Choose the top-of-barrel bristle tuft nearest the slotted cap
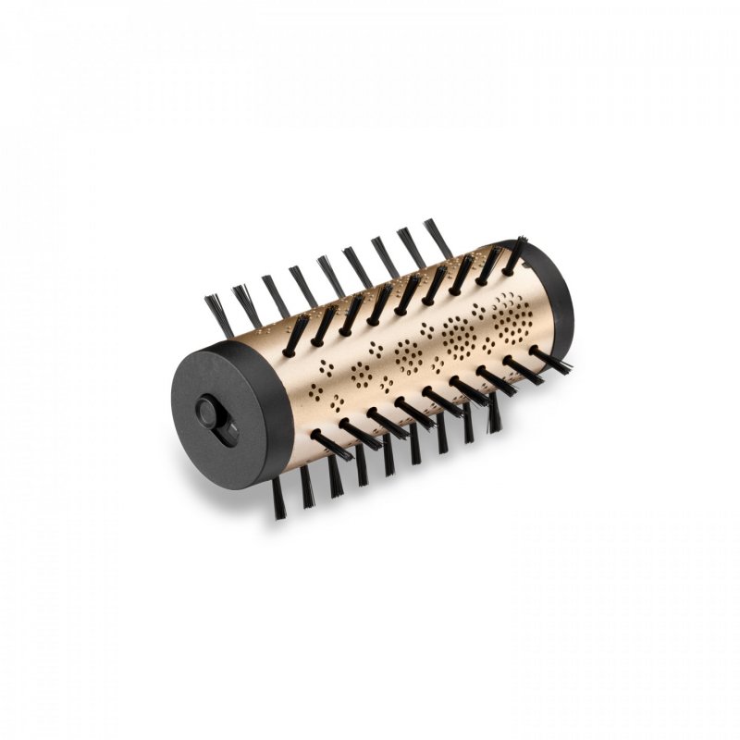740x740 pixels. click(x=295, y=337)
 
